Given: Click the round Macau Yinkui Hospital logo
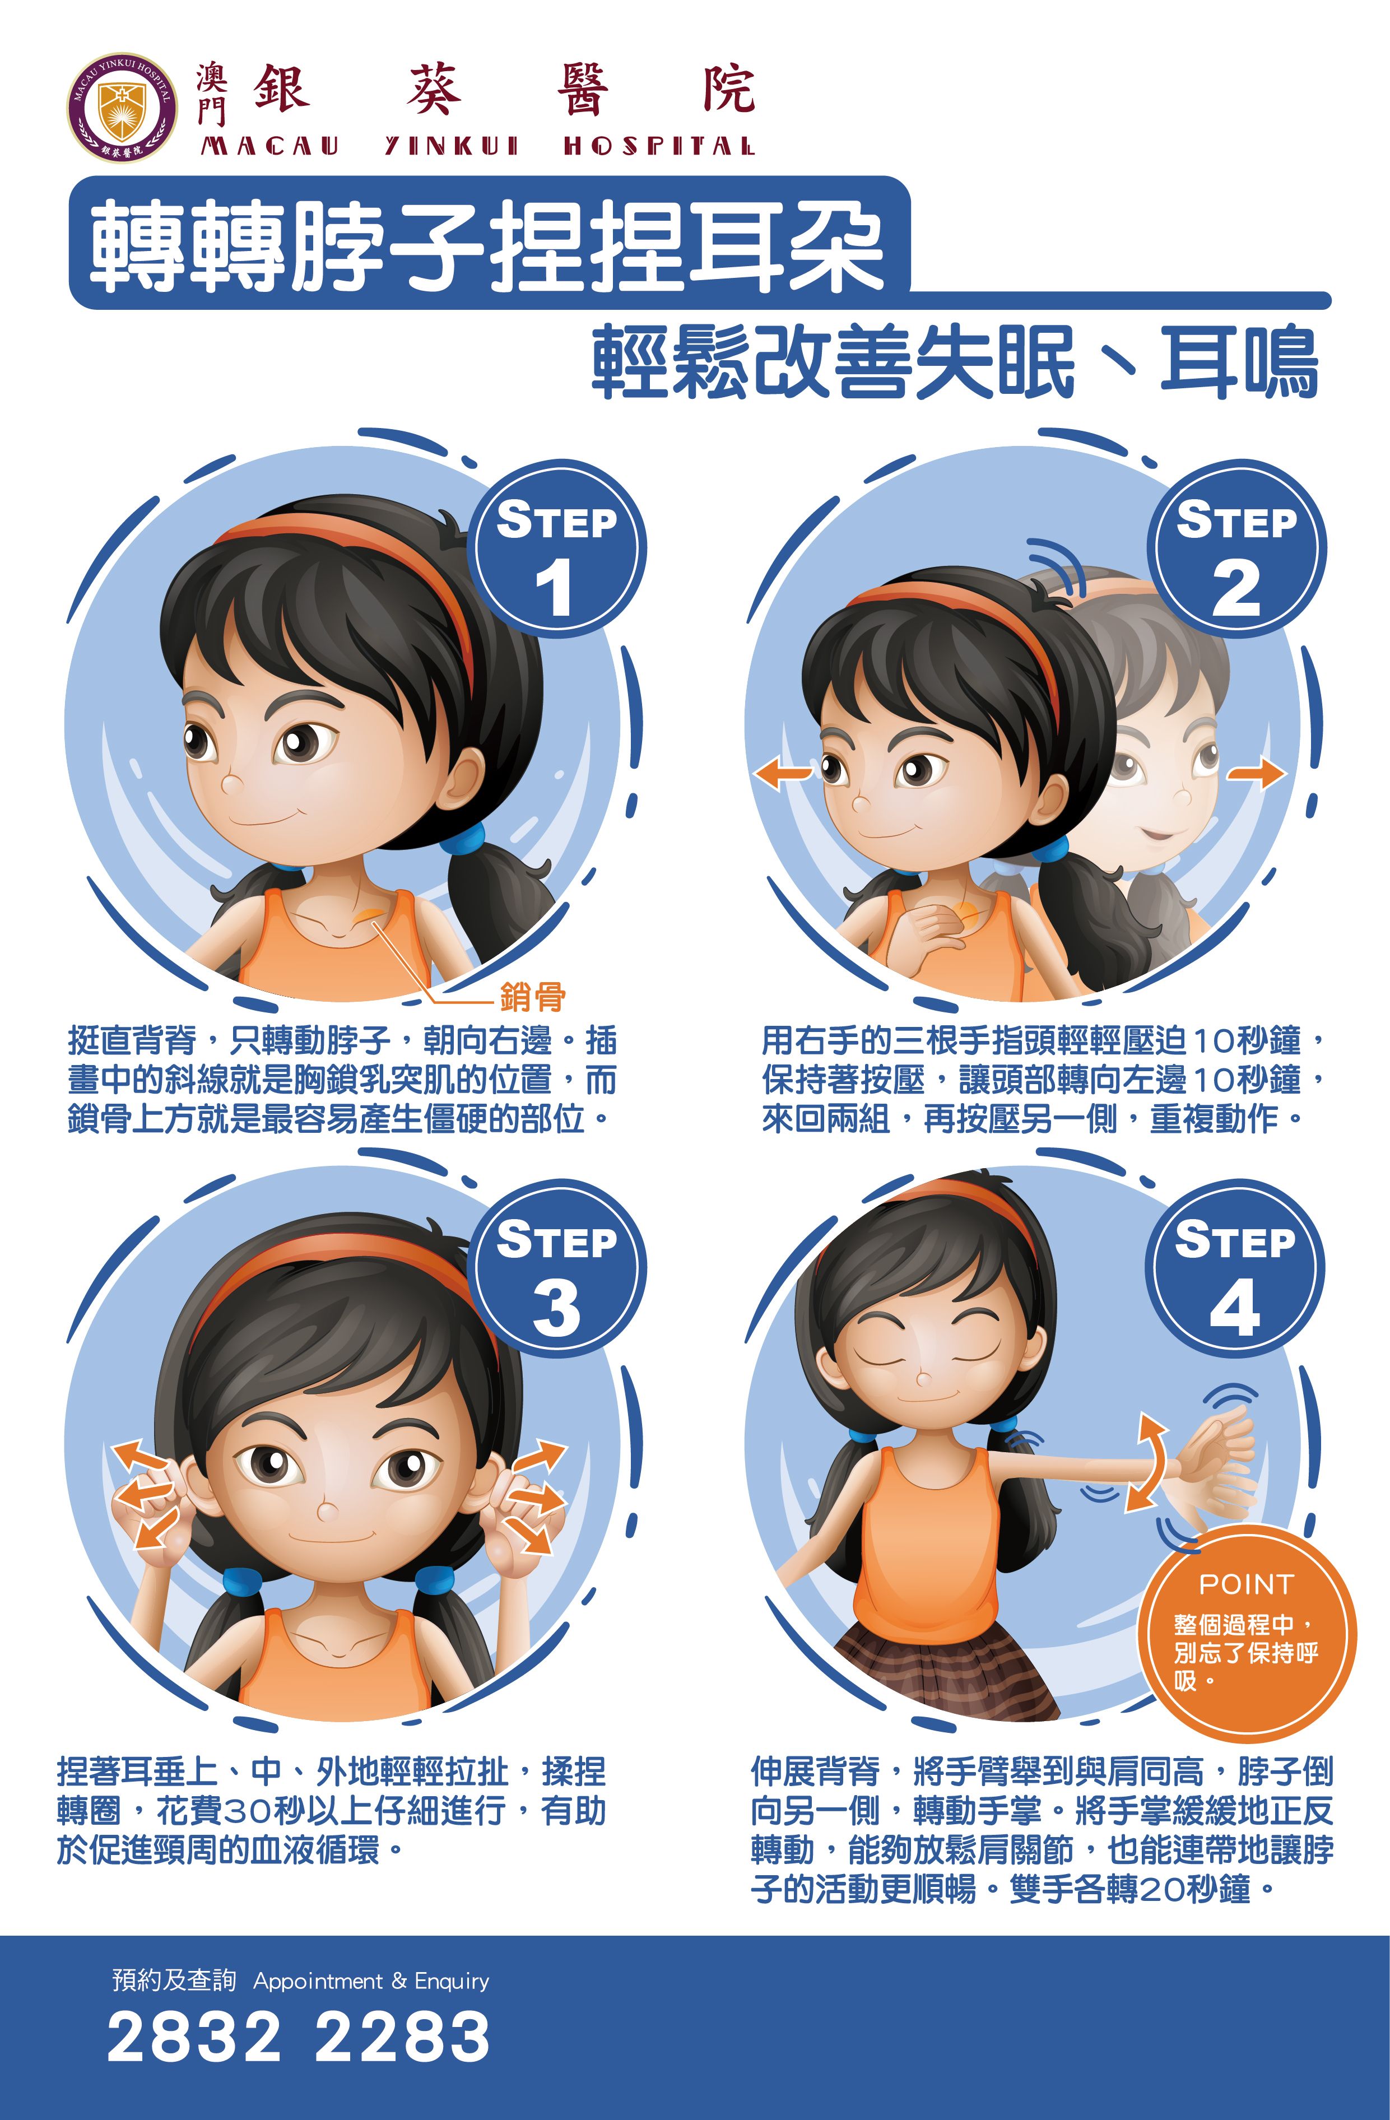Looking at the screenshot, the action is pos(122,108).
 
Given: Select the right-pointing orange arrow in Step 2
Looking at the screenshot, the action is pos(1256,772).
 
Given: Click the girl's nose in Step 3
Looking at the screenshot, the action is pos(328,1510).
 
